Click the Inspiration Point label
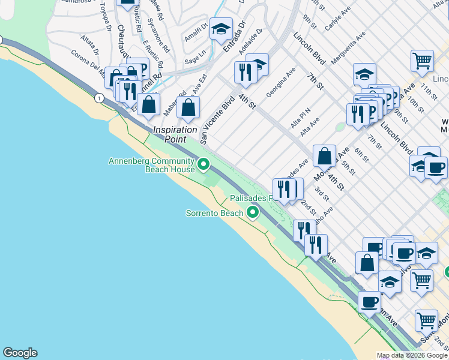175,134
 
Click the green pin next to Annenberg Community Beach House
203,163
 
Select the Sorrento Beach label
214,213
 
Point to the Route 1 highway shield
98,97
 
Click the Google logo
20,353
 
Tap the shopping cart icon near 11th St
422,61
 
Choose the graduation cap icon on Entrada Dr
220,28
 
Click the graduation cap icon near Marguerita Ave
364,74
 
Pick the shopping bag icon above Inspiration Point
188,108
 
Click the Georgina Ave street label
281,82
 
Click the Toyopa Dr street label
106,16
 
